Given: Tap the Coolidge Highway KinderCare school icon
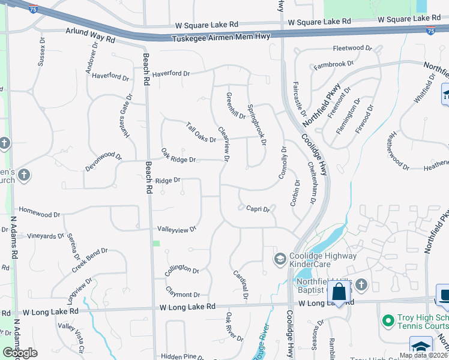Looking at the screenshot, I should click(279, 259).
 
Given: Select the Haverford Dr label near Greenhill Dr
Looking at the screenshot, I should click(170, 74).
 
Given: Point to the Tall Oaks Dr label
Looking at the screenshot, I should click(200, 133).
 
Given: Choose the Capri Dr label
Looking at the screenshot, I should click(258, 209).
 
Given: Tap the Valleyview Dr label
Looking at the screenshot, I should click(177, 229).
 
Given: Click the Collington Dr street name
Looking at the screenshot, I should click(182, 270).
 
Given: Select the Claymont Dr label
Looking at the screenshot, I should click(182, 295).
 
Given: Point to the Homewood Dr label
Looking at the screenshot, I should click(40, 213).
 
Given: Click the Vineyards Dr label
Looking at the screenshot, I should click(45, 236).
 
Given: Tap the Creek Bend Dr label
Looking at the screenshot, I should click(89, 260).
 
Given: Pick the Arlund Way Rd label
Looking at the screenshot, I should click(90, 40).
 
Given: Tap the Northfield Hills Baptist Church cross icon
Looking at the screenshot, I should click(361, 284).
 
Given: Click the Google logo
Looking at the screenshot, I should click(20, 353).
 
